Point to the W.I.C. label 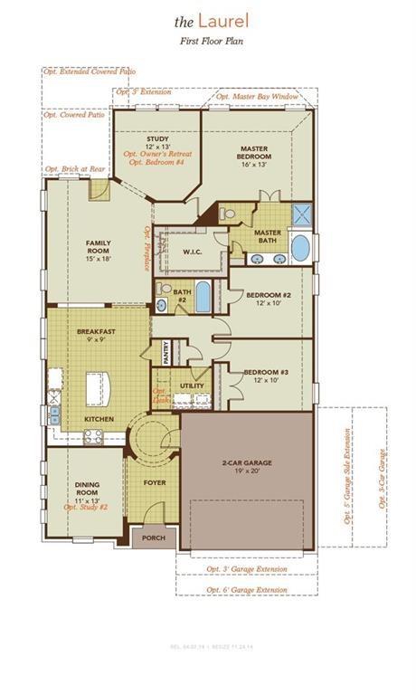click(x=191, y=252)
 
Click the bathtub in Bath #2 click(x=203, y=296)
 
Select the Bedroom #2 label click(x=271, y=297)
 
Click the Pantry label click(x=166, y=352)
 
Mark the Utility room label click(x=192, y=386)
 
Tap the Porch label click(x=154, y=538)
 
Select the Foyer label click(x=155, y=483)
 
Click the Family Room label click(x=99, y=249)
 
